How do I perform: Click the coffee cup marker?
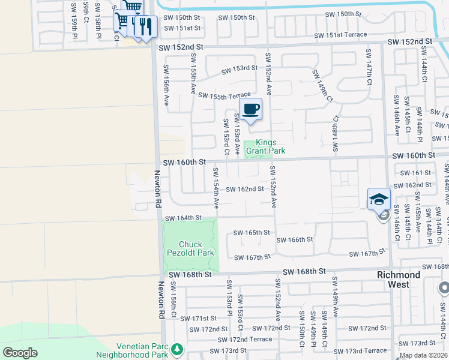[250, 109]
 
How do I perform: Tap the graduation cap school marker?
[379, 199]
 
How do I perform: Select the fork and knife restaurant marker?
[145, 26]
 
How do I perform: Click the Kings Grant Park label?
[270, 146]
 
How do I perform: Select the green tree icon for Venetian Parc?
[176, 349]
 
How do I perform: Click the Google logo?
[20, 353]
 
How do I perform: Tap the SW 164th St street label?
[182, 218]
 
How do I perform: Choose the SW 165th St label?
[252, 232]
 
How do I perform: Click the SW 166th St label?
[294, 239]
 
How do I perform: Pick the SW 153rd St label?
[239, 69]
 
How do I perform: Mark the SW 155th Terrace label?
[224, 96]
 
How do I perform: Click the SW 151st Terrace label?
[346, 35]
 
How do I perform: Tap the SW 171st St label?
[200, 318]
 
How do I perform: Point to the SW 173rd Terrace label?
[366, 350]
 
